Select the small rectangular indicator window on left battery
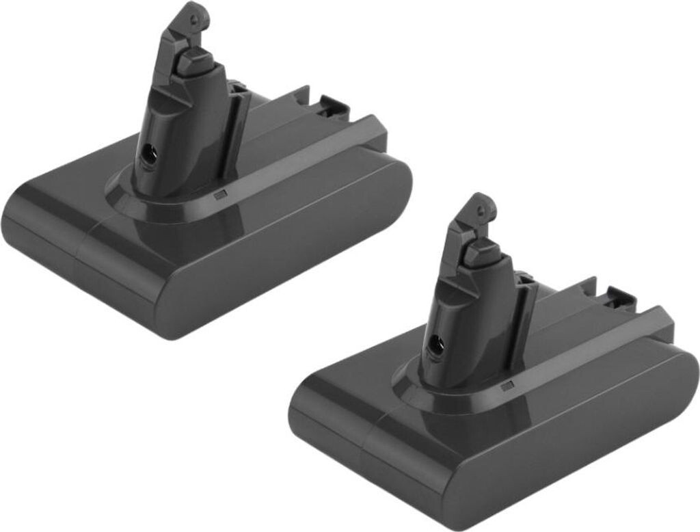(x=219, y=196)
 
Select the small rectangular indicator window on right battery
(x=507, y=387)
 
